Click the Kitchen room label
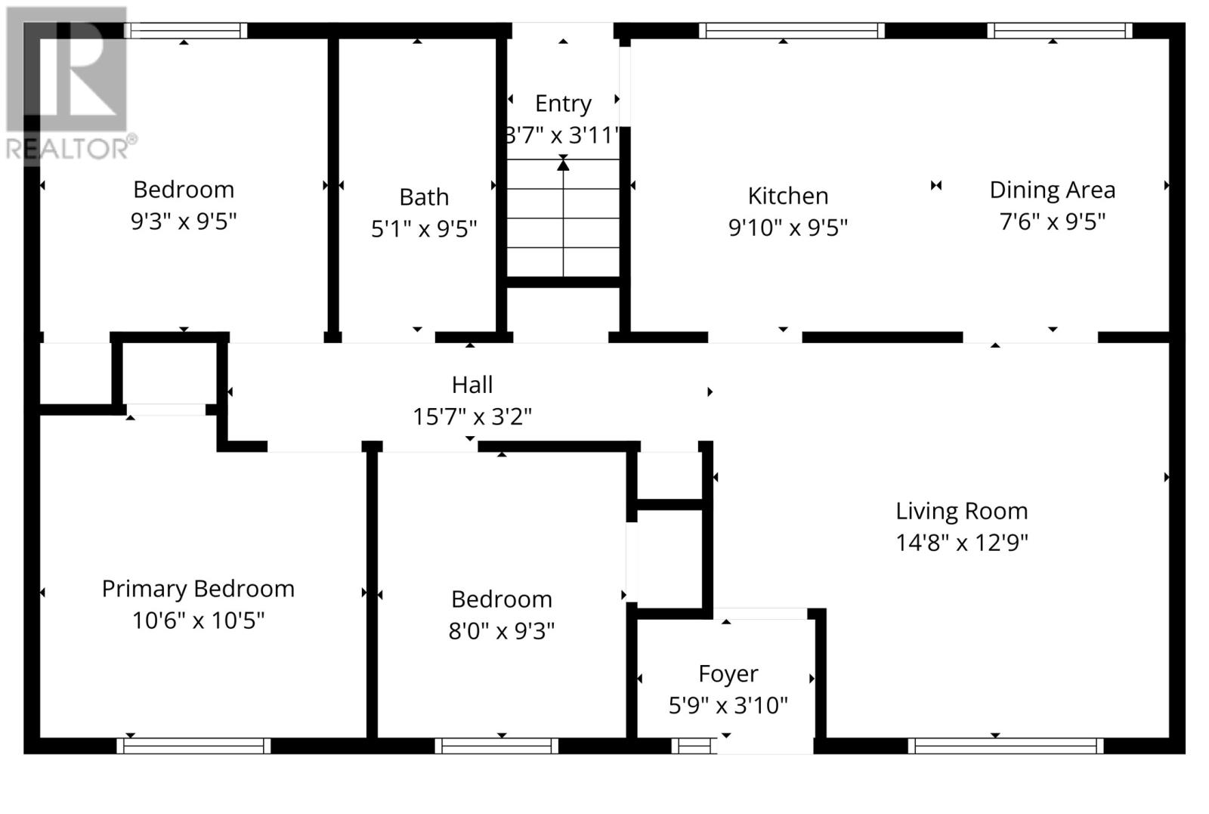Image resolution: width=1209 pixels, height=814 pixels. [787, 196]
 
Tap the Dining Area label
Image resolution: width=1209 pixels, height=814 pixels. [1052, 190]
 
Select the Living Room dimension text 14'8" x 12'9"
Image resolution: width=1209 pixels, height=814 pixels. [961, 543]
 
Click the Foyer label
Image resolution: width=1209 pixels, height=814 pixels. [728, 673]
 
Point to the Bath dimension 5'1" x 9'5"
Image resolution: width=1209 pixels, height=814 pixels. [423, 228]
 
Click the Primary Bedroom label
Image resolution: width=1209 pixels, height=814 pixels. [198, 589]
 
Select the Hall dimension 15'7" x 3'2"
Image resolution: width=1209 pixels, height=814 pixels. [472, 416]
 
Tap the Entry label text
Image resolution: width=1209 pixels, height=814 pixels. [563, 104]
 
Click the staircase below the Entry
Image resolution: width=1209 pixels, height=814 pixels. [563, 219]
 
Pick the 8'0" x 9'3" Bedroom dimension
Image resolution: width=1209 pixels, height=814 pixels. [501, 631]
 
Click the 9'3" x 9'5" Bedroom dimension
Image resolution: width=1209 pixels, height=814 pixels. [184, 221]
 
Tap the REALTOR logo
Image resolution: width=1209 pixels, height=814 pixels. [68, 83]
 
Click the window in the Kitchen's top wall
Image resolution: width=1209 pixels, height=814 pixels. [790, 31]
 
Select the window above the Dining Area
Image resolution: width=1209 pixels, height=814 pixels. [1059, 31]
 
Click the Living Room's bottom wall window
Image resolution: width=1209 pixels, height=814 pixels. [1005, 746]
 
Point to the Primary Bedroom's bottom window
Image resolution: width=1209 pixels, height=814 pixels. [193, 746]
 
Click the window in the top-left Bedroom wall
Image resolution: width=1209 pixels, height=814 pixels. [186, 31]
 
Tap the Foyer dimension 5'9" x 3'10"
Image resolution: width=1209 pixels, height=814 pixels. [728, 706]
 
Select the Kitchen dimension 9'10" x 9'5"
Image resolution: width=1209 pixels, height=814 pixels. [787, 227]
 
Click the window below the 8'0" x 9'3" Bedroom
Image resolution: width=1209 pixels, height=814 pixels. [496, 746]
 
